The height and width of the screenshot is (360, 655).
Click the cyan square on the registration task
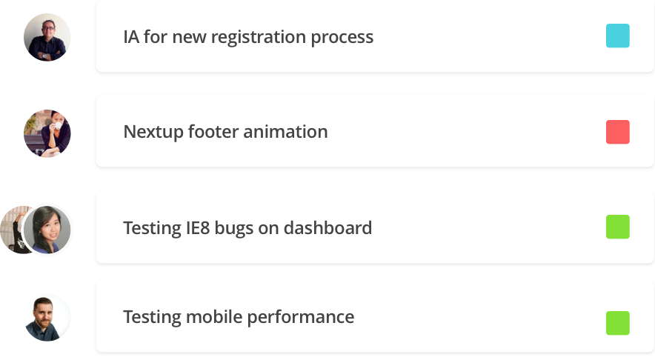point(618,36)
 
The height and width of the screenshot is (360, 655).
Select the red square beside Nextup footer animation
point(618,132)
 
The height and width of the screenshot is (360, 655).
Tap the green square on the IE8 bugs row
point(618,227)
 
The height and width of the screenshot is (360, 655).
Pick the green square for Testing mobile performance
point(618,323)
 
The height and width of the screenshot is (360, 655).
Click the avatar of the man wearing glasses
point(47,37)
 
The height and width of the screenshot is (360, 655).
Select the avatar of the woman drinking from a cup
point(47,133)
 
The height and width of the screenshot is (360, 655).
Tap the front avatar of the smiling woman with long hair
point(47,230)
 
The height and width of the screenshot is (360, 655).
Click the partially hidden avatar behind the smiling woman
point(12,230)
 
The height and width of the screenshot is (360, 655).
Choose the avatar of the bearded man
point(47,318)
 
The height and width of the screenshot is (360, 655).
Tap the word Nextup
point(153,132)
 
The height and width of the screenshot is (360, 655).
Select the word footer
point(213,132)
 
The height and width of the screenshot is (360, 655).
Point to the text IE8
point(198,228)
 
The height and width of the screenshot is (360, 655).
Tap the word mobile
point(214,317)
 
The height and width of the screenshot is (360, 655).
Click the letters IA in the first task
point(131,37)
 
